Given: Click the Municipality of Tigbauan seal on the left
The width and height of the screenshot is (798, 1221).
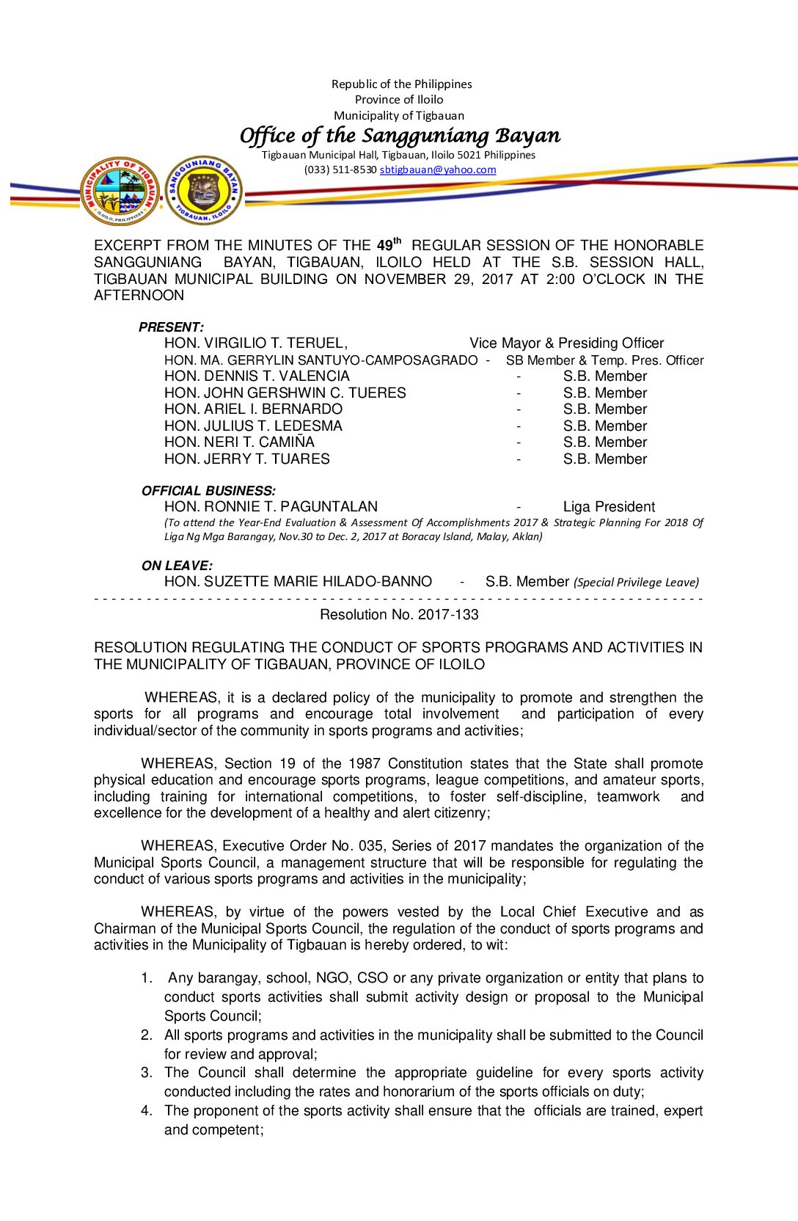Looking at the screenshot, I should pos(120,191).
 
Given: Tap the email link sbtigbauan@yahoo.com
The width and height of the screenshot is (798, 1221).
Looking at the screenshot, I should pos(438,170).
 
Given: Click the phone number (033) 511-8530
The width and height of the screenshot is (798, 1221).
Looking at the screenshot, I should pos(340,170).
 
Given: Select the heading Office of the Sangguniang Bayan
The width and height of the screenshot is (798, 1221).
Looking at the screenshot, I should pos(400,136).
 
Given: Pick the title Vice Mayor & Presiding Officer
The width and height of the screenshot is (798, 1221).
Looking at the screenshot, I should pos(566,343).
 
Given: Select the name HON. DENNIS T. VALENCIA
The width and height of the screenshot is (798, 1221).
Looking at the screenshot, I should pos(257,376).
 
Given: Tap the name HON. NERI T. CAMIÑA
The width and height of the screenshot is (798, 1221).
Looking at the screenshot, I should pos(239,442).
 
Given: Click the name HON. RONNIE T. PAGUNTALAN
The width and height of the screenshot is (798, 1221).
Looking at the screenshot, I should pos(271,507).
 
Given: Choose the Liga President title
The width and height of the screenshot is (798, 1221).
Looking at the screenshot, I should pos(609,507).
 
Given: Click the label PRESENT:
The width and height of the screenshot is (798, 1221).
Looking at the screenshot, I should pos(171,327).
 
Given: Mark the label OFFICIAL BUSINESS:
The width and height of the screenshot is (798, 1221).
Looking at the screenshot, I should pos(208,491).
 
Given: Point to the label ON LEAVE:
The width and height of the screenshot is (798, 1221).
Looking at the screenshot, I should pos(177,566).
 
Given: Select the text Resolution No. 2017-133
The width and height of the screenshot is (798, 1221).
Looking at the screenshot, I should pos(399,615).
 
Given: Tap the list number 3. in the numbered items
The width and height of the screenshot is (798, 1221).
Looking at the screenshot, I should pos(147,1073).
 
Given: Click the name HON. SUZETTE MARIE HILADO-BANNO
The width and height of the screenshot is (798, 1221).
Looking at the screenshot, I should pos(298,582).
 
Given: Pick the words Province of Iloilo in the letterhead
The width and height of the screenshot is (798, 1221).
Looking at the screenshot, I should pos(399,100).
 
